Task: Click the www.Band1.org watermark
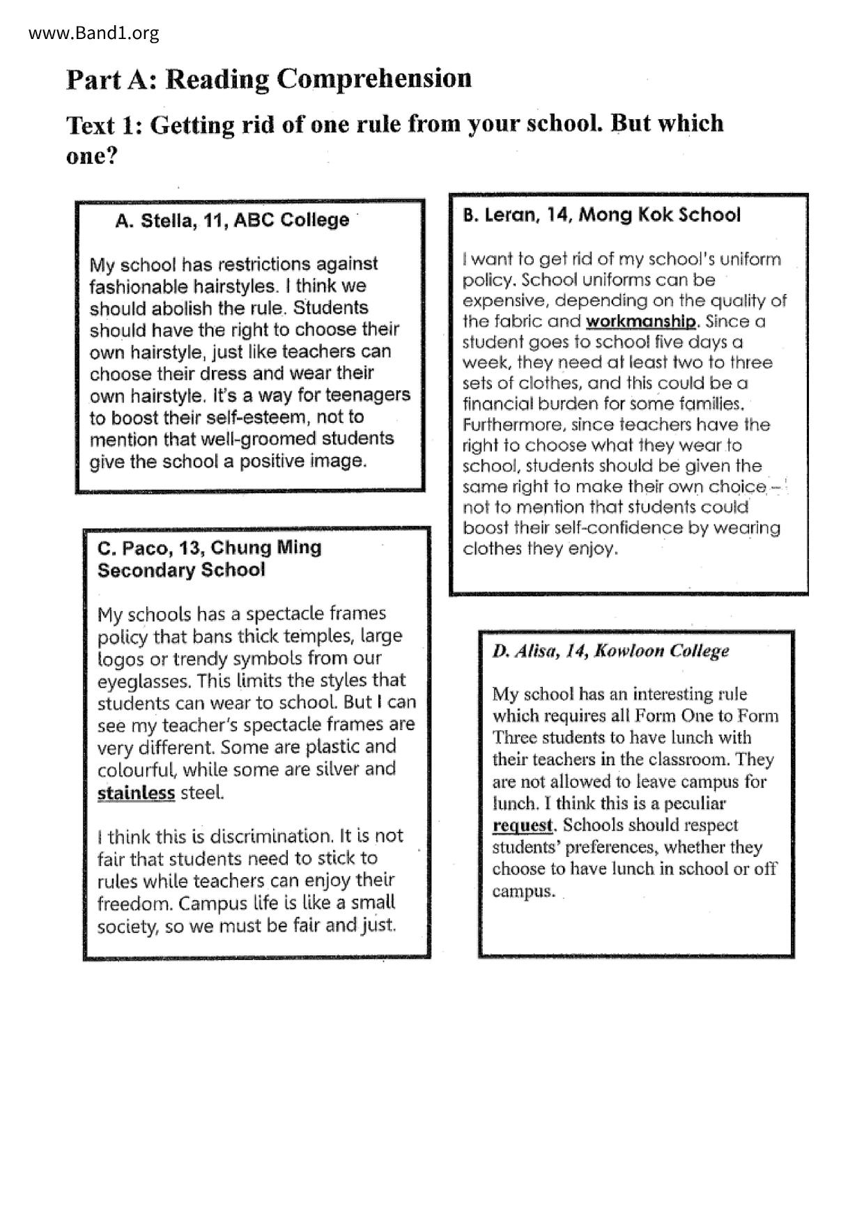[x=94, y=33]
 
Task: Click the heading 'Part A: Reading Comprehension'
[x=269, y=79]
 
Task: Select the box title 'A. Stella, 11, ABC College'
[x=232, y=221]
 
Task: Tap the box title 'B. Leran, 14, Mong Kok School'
[x=601, y=215]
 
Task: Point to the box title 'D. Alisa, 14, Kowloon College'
[x=610, y=651]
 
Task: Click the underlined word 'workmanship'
[x=640, y=321]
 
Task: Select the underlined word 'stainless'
[x=136, y=793]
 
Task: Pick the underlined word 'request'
[x=522, y=826]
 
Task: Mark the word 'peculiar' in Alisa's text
[x=694, y=803]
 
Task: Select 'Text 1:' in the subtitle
[x=104, y=125]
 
